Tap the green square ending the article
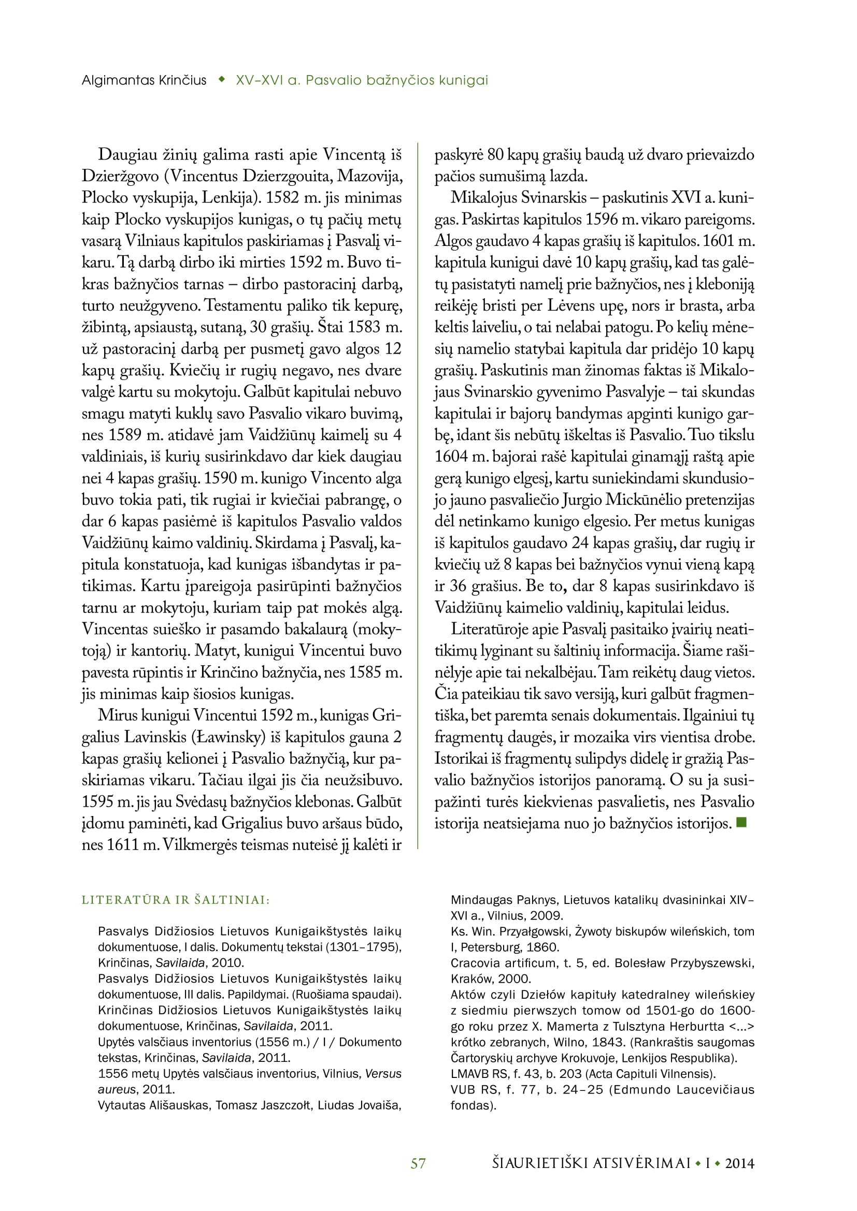(x=741, y=822)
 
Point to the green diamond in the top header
(x=222, y=80)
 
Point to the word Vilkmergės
(x=200, y=845)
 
